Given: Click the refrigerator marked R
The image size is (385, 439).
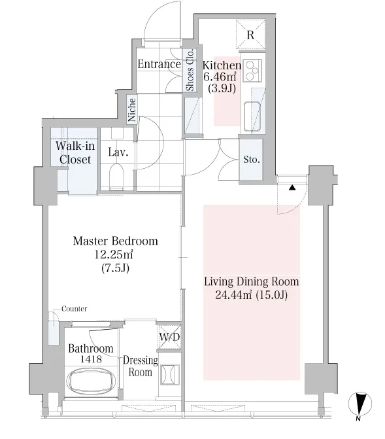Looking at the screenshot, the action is pos(250,35).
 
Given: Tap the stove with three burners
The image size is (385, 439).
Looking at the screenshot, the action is pos(252,70).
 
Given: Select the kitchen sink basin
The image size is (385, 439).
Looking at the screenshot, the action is pos(252,116).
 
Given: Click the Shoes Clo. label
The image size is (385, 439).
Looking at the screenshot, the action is pos(190,70).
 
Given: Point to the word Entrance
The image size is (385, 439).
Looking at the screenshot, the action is pos(159,64).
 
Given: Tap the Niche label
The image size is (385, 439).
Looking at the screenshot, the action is pos(131,110).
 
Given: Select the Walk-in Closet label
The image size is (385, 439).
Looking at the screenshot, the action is pos(75,152).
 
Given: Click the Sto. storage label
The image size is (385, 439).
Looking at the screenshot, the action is pos(252,159).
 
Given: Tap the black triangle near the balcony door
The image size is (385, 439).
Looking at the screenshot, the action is pos(292,187).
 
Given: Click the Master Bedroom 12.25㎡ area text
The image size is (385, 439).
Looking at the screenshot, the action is pos(113,255).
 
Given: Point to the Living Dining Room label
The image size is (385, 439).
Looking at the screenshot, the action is pos(251,281).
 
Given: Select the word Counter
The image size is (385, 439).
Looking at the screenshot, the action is pos(74,309).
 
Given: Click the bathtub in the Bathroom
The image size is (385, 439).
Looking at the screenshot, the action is pos(91,381).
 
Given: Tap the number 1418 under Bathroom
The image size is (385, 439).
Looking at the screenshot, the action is pos(91,359).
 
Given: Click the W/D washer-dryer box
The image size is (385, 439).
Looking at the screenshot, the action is pos(169,337).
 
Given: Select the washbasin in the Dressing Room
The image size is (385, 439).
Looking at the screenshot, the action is pos(169,374).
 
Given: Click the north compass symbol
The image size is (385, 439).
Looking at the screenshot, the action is pos(360,404).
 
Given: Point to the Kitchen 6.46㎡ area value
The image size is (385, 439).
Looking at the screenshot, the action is pos(220,76).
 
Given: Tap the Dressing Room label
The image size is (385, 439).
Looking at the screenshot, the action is pos(140,366).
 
